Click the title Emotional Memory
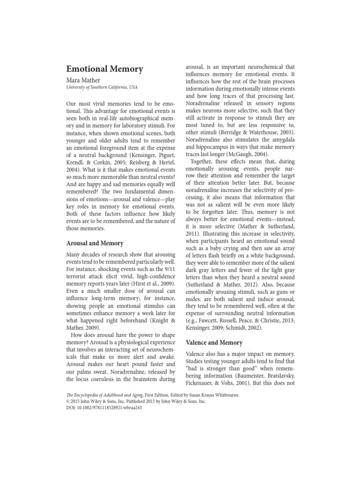[105, 69]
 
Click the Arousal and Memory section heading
[96, 243]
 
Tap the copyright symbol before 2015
[66, 401]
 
